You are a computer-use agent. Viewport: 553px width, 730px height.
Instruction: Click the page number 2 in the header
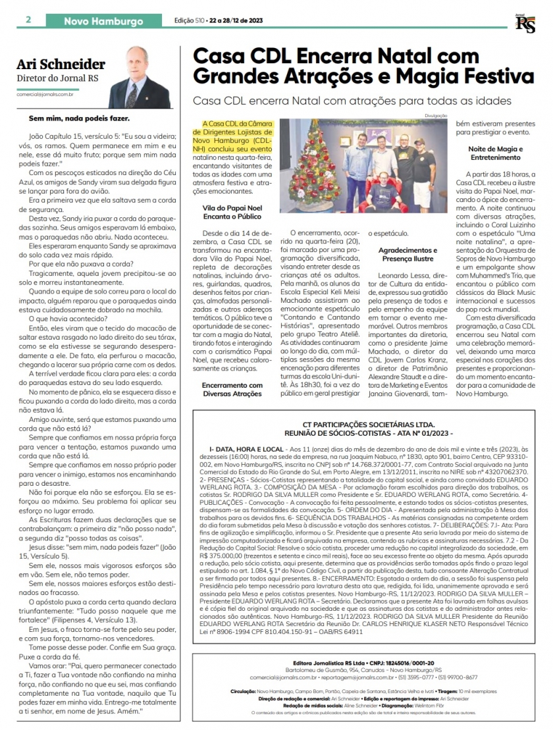point(28,20)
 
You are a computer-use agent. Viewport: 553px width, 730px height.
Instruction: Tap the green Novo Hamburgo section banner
point(103,21)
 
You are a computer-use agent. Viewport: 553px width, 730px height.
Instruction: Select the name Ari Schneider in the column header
point(61,65)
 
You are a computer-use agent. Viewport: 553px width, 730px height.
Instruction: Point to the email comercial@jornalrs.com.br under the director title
point(54,94)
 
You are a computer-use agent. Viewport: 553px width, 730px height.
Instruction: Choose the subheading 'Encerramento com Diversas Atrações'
point(232,389)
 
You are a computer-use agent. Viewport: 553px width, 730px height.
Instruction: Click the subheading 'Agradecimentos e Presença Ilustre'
point(407,255)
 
